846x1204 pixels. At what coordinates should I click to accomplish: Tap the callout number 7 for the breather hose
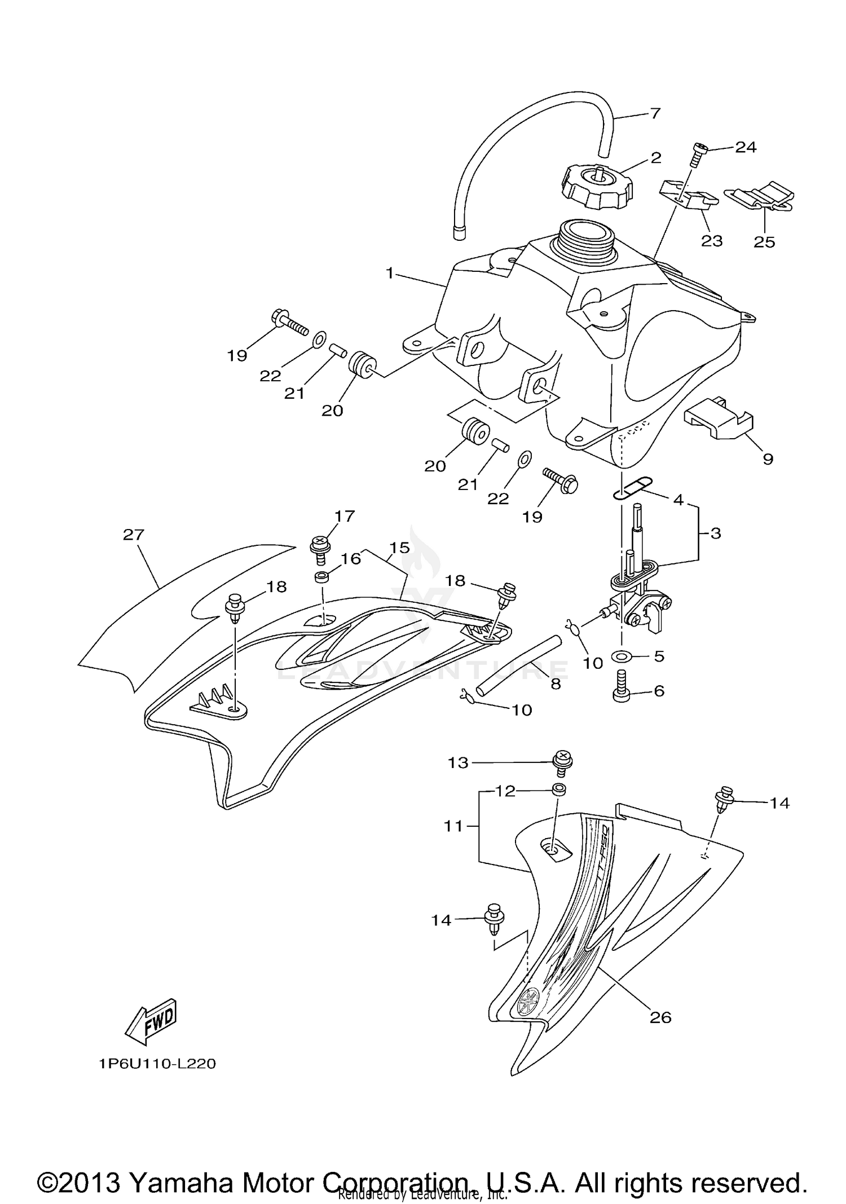[654, 113]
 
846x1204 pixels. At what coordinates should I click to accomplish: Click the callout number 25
[764, 242]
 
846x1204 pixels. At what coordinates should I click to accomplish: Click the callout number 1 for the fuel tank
[389, 274]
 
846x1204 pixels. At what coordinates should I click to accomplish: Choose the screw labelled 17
[319, 548]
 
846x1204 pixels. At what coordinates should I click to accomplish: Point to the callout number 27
[134, 534]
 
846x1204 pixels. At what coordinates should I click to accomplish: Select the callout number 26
[660, 1017]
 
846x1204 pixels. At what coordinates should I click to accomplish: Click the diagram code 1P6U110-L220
[157, 1064]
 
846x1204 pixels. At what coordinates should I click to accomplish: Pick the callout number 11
[453, 827]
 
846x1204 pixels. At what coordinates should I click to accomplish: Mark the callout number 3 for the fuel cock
[715, 533]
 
